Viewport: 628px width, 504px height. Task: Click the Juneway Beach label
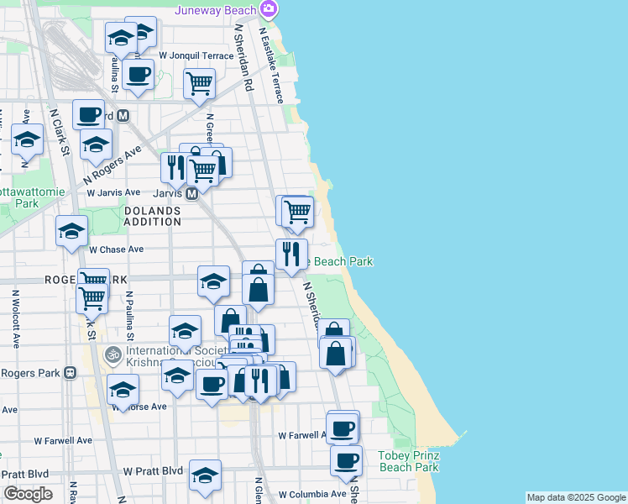[216, 10]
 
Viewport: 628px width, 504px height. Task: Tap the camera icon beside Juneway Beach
[270, 9]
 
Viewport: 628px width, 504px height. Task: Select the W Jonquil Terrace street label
[201, 55]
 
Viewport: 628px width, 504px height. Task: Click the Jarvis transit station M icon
[191, 193]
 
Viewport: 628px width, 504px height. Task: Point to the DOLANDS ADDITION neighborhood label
[153, 216]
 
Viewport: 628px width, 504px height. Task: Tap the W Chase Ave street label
[117, 249]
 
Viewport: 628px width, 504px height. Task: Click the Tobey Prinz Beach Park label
[409, 461]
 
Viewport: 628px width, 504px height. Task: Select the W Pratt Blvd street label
[153, 472]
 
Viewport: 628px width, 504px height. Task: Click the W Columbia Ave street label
[312, 495]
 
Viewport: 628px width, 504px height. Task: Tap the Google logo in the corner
[28, 494]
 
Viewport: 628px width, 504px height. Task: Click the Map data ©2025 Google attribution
[576, 497]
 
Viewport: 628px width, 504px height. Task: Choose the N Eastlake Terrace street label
[273, 67]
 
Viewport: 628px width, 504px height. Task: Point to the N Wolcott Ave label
[15, 319]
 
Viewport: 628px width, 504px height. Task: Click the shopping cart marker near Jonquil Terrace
[199, 83]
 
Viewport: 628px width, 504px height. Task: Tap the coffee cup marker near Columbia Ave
[346, 459]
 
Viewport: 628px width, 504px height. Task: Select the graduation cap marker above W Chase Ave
[72, 229]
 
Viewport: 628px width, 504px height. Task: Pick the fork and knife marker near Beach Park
[291, 253]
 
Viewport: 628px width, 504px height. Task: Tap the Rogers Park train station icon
[70, 372]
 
